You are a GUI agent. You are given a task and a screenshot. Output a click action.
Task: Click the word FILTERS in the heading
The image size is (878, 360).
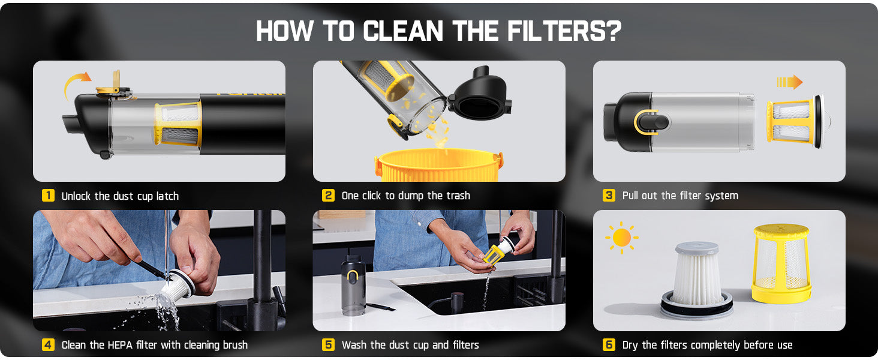tap(564, 31)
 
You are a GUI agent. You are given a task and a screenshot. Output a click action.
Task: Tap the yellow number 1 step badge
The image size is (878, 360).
tap(48, 195)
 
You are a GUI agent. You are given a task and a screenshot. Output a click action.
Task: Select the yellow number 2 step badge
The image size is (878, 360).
tap(328, 195)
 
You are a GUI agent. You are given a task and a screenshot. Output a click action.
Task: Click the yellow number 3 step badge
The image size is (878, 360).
tap(609, 195)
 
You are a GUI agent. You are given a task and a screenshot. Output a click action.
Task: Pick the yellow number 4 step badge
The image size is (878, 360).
tap(48, 345)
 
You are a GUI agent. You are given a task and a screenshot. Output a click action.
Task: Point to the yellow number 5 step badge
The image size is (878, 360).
tap(328, 345)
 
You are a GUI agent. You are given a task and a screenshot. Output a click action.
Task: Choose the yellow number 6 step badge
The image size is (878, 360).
tap(609, 345)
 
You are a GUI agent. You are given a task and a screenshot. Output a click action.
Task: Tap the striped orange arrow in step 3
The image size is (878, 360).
tap(790, 82)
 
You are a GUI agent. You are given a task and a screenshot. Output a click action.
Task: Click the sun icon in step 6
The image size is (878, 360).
tap(622, 238)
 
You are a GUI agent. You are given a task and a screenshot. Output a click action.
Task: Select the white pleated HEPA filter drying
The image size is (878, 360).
tap(697, 279)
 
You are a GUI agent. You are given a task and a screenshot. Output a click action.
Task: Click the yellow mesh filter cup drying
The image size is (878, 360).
tap(781, 263)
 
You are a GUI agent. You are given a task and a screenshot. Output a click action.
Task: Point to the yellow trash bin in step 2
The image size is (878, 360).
tap(438, 165)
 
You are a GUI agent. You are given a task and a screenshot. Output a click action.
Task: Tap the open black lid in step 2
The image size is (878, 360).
tap(480, 94)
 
